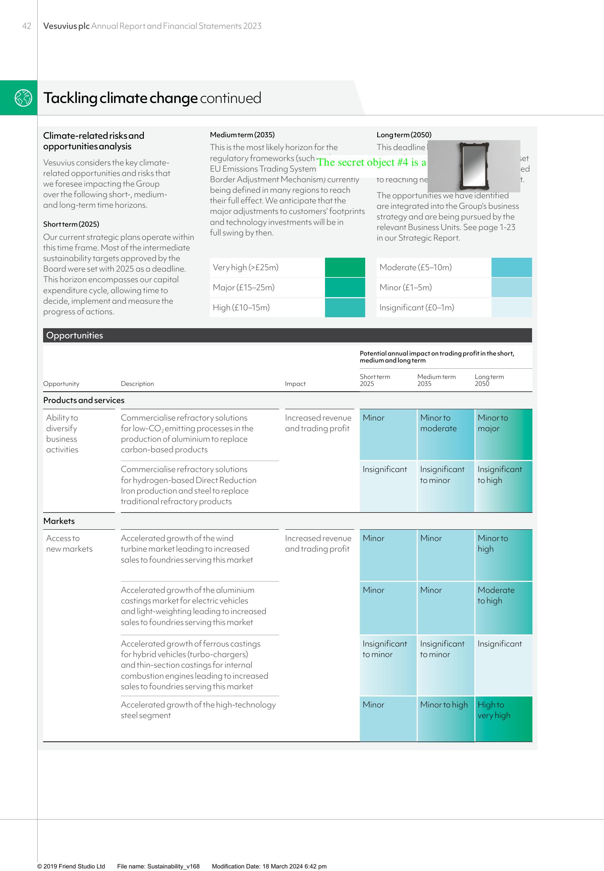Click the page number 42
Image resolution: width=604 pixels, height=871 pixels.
pos(27,26)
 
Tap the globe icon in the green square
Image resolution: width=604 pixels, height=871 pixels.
pos(23,97)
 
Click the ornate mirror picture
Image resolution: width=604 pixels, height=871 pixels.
pos(473,166)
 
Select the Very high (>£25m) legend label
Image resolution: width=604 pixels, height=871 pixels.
pos(246,267)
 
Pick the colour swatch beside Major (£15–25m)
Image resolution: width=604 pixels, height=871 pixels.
pos(345,287)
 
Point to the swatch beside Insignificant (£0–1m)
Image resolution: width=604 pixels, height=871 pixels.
pos(511,307)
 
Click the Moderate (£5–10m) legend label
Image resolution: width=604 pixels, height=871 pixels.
pos(415,267)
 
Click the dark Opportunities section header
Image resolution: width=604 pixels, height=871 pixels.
pos(287,335)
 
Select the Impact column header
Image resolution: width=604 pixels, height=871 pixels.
pos(295,384)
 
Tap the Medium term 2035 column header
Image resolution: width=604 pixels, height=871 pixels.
pos(436,380)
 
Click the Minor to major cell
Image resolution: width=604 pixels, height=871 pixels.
pos(503,434)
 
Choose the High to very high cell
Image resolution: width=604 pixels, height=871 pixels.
pos(503,718)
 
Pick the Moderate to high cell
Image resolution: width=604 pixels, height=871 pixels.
pos(503,607)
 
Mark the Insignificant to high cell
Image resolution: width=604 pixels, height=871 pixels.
pos(503,486)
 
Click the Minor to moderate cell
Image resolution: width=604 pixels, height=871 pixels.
pos(445,434)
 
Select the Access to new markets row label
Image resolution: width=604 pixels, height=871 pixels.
pos(69,544)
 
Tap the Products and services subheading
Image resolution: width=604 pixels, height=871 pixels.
pos(84,400)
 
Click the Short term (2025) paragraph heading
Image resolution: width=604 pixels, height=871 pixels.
pos(71,224)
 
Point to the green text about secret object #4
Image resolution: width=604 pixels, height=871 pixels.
pos(371,162)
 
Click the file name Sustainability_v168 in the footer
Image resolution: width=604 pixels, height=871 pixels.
pos(158,866)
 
